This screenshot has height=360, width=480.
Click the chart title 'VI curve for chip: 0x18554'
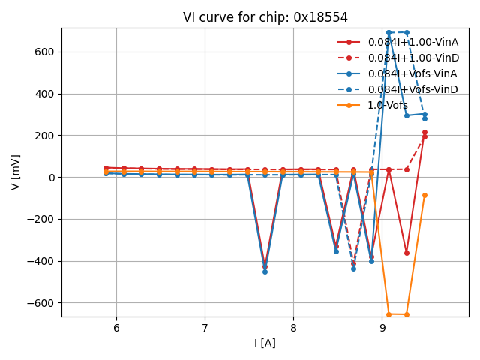click(265, 17)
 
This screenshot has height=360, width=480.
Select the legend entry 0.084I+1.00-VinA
click(412, 42)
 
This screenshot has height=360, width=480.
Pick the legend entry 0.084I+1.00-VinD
click(412, 58)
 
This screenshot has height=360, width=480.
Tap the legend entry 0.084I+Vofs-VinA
click(412, 73)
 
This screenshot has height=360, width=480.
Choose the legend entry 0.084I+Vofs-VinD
click(412, 89)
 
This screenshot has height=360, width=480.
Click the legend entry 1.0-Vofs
click(388, 105)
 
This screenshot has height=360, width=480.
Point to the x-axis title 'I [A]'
click(265, 343)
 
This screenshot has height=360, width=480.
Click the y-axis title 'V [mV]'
click(16, 172)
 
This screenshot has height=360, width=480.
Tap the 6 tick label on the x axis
click(116, 328)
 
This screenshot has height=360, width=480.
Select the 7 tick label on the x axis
click(205, 328)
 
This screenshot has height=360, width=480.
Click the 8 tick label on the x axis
click(293, 328)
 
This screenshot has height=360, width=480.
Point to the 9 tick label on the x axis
click(382, 328)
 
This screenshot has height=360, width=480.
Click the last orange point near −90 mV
click(424, 195)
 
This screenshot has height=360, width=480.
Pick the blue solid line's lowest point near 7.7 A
click(265, 271)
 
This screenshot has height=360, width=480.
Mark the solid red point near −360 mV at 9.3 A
click(406, 253)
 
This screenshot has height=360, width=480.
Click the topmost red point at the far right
click(424, 133)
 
